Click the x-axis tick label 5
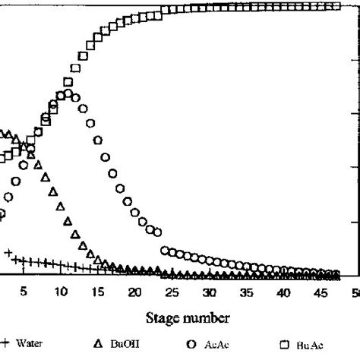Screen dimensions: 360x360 click(24, 292)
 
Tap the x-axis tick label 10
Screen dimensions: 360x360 click(60, 292)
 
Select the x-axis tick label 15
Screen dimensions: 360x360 click(97, 292)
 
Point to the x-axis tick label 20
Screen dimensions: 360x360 click(134, 292)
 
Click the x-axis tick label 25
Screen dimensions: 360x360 click(172, 292)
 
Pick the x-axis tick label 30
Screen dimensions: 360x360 click(209, 292)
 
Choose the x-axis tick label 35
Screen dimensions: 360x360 click(245, 292)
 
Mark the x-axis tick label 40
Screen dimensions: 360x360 click(283, 292)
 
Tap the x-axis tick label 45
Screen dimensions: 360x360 click(320, 292)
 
